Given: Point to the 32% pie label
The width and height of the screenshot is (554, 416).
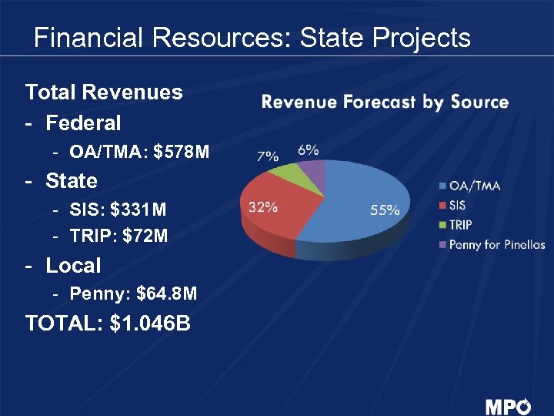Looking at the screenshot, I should click(x=262, y=206).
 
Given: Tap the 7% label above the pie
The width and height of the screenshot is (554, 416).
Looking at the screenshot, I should click(x=267, y=156).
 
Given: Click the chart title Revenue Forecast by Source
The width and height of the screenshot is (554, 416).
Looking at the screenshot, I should click(x=385, y=102).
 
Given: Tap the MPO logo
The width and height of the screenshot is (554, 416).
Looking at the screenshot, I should click(x=507, y=406).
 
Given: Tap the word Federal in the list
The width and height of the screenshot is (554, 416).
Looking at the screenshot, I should click(x=83, y=122).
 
